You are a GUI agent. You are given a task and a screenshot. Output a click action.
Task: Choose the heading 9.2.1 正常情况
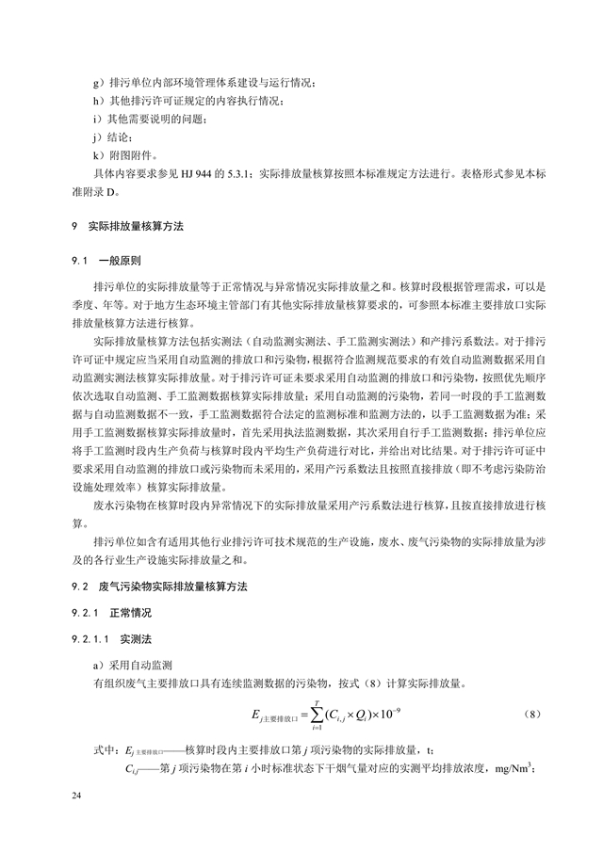tap(112, 612)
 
